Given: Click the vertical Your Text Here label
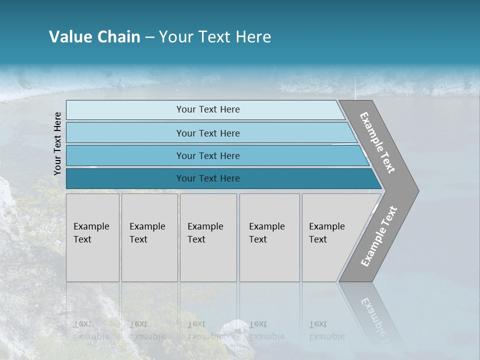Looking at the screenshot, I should click(57, 143).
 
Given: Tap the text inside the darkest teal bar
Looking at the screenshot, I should click(208, 178).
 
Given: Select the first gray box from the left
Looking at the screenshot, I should click(92, 237).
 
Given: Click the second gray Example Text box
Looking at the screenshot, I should click(149, 237).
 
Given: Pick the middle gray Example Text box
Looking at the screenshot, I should click(208, 237).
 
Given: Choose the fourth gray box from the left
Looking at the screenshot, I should click(269, 237).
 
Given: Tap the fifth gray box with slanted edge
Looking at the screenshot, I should click(330, 237).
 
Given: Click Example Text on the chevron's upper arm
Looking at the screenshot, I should click(377, 143).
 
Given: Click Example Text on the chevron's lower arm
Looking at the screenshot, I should click(379, 236).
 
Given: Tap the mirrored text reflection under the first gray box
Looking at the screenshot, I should click(91, 330).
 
